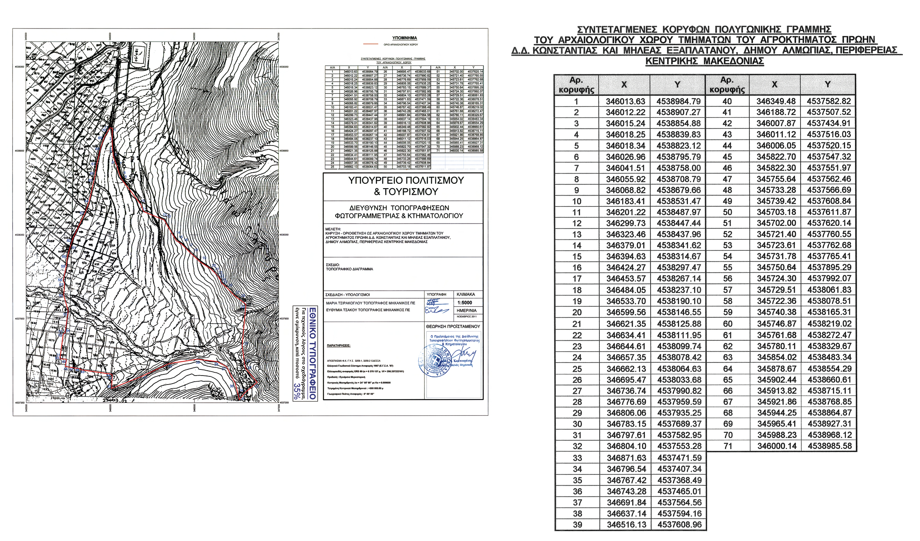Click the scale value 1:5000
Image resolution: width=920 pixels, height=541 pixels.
(464, 303)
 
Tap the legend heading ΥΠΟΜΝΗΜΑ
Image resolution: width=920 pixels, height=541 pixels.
(404, 38)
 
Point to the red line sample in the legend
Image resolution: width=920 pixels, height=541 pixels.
(371, 44)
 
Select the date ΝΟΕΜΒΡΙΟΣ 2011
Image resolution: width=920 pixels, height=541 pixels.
(467, 316)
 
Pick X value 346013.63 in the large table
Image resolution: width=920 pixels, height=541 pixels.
(625, 101)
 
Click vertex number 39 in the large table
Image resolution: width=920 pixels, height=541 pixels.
(577, 525)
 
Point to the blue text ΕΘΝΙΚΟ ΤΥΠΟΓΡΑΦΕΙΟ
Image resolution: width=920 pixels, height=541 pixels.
(312, 354)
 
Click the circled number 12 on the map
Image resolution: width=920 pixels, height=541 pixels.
(249, 300)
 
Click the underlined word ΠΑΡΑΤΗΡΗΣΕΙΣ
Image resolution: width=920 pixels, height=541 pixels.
(338, 345)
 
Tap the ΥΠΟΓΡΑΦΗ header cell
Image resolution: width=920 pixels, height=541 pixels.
(436, 294)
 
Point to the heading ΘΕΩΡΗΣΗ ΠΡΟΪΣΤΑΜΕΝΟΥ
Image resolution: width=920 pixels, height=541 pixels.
(453, 326)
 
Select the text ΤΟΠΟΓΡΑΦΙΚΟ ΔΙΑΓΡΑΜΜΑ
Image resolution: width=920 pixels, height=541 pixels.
(349, 269)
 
